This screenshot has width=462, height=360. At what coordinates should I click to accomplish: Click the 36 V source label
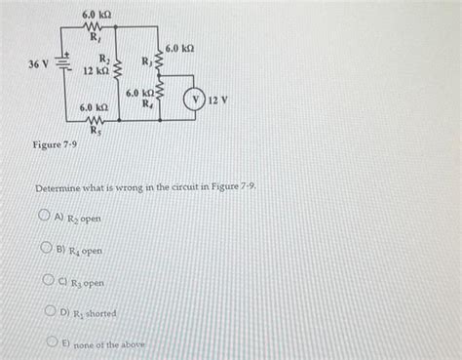[39, 64]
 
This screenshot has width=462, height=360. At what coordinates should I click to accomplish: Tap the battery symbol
[64, 64]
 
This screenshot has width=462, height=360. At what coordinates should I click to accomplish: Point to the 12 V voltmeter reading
[218, 100]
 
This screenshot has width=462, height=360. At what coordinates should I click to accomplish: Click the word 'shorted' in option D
[100, 313]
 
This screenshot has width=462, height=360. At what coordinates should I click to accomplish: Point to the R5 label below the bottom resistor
[96, 129]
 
